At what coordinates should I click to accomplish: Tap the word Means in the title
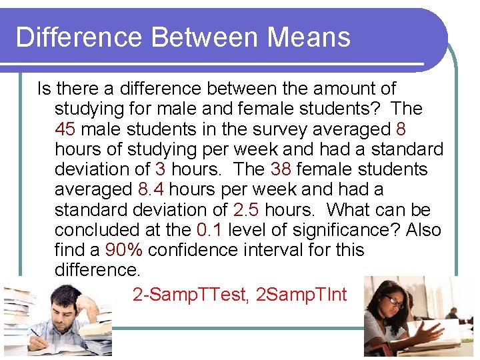coord(309,37)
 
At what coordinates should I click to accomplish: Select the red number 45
coord(65,129)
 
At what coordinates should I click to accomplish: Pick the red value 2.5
coord(247,209)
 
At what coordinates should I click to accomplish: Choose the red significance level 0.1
coord(211,229)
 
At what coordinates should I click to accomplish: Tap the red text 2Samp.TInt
coord(301,294)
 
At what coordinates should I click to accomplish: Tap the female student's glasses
coord(395,302)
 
